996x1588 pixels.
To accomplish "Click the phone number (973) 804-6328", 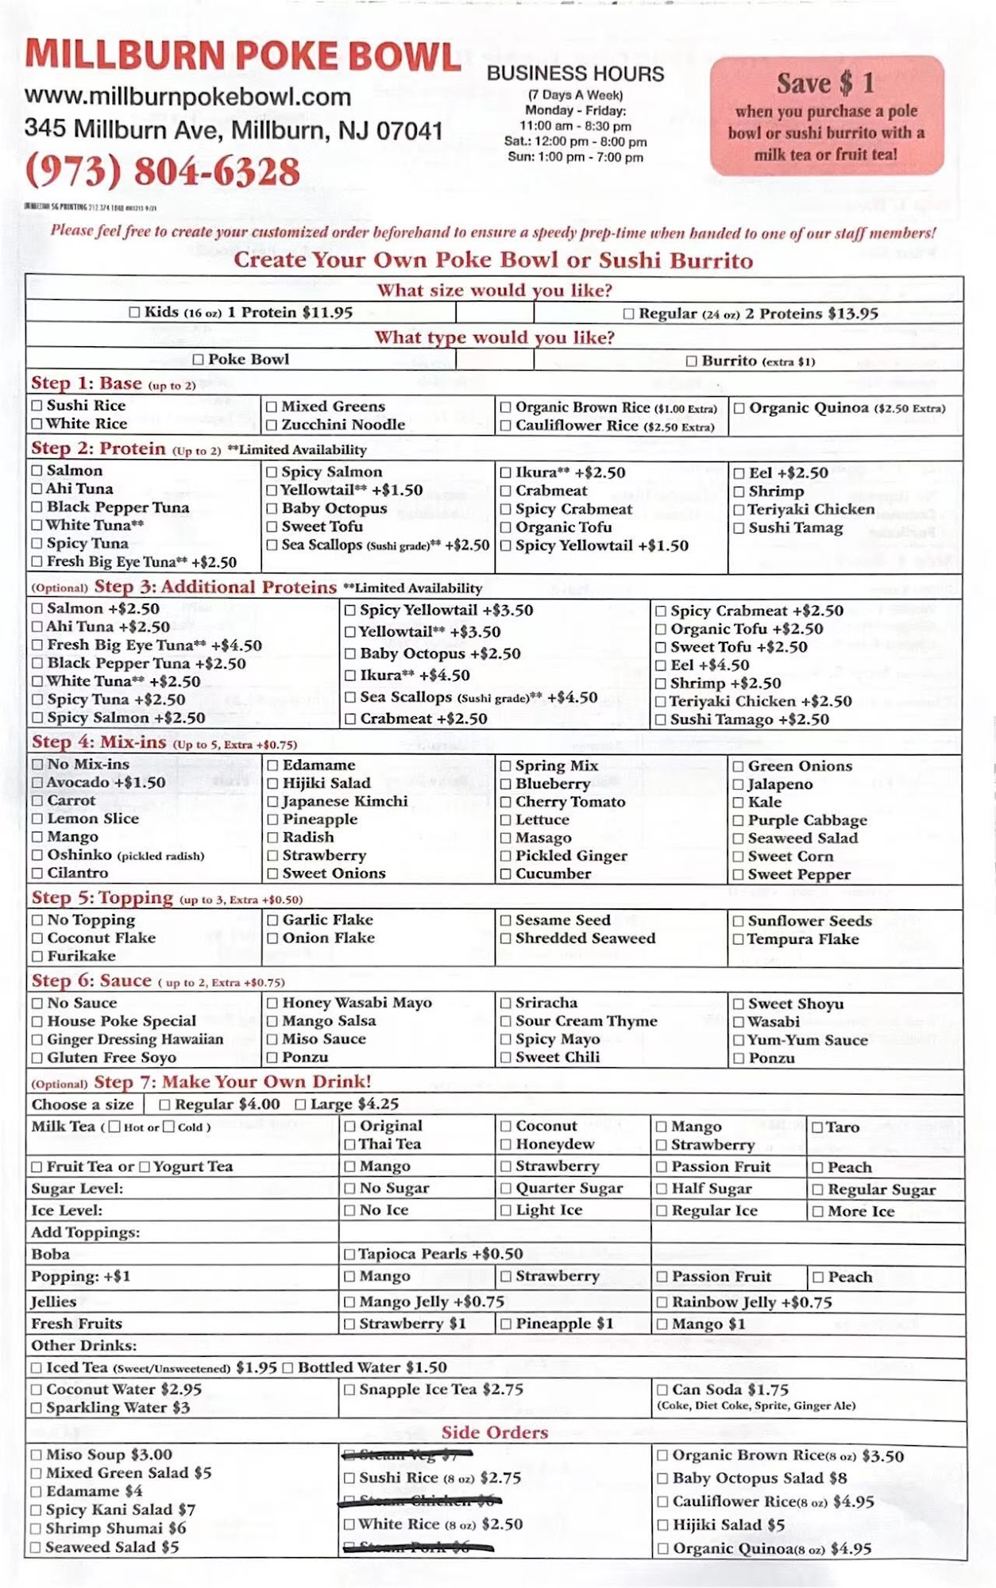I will point(162,172).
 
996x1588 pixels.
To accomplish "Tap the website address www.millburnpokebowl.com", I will point(187,97).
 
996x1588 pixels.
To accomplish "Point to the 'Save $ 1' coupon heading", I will point(825,83).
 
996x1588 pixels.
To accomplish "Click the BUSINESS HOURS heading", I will point(575,74).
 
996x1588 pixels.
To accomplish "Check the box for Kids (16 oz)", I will point(134,313).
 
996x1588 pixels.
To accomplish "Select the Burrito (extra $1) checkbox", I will point(691,361).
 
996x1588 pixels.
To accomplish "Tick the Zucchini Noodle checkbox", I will point(272,425).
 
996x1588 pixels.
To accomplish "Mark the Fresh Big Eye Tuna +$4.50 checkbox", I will point(37,646).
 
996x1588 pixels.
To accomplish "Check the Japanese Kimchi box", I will point(272,802).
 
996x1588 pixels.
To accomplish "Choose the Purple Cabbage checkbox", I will point(738,820).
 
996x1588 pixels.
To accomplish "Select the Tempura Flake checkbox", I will point(738,939).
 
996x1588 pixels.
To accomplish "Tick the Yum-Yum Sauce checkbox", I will point(738,1040).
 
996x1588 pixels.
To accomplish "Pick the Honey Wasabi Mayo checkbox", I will point(272,1003).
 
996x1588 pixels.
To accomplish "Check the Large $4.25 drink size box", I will point(300,1104).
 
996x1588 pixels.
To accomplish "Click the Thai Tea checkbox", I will point(349,1145).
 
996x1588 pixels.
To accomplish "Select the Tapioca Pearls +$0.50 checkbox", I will point(349,1255).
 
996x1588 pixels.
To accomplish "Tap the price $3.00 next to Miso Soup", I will point(151,1455).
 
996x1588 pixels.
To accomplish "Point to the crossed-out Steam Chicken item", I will point(419,1501).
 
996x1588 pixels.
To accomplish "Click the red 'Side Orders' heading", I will point(494,1432).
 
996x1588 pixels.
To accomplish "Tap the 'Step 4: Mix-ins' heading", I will point(98,742).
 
